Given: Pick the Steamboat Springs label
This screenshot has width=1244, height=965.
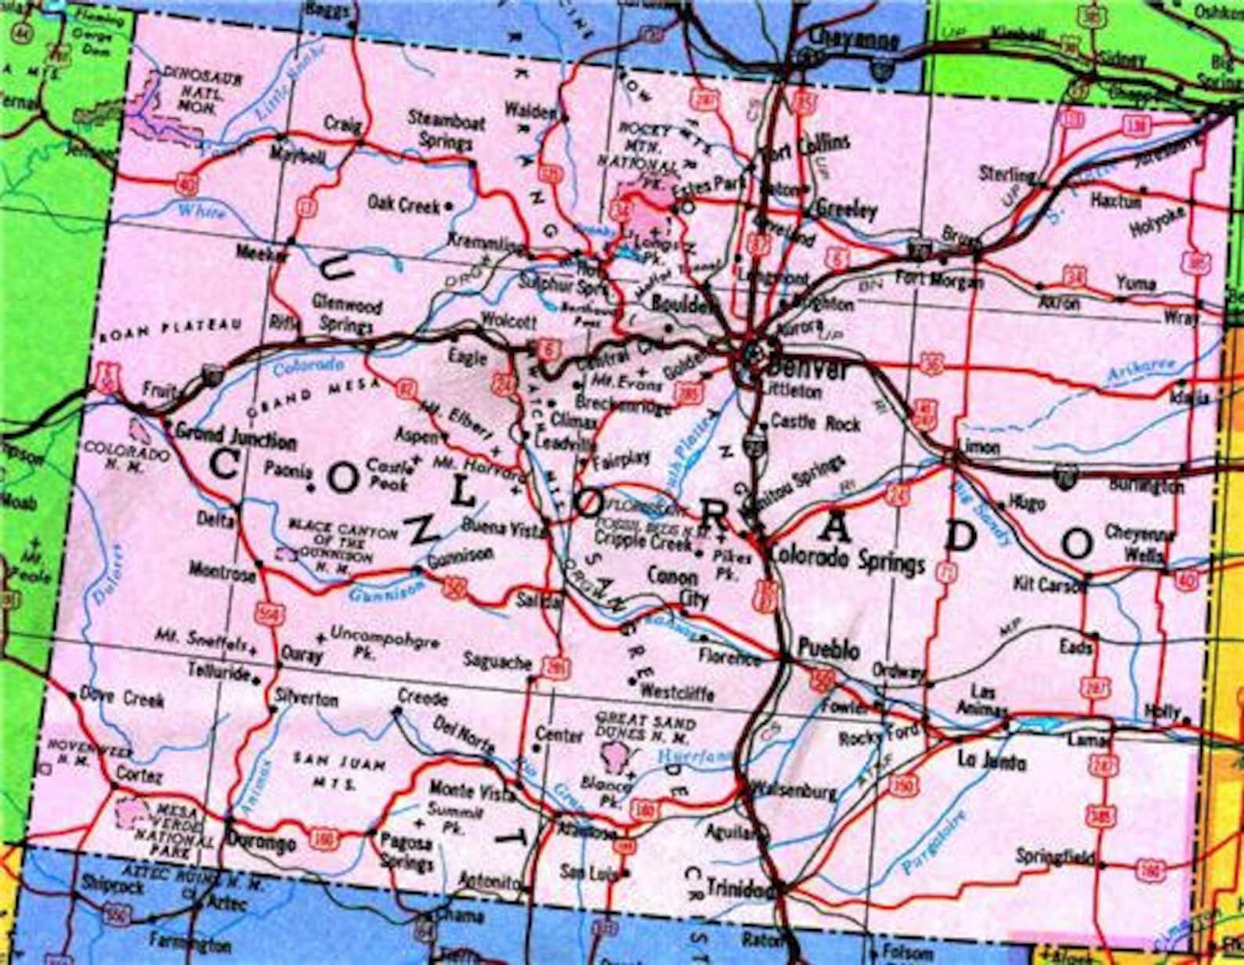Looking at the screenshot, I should (x=446, y=132).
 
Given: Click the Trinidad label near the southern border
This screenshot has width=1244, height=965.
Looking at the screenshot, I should (x=736, y=887).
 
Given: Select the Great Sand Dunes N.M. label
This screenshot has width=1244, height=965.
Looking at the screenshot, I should (x=642, y=728).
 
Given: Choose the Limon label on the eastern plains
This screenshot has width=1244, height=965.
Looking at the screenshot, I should (x=979, y=446).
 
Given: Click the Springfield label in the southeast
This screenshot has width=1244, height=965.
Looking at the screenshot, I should (x=1054, y=858).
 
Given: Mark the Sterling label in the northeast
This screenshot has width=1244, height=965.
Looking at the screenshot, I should (x=1007, y=173).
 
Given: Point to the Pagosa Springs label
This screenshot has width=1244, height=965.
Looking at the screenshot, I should (x=406, y=852).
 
